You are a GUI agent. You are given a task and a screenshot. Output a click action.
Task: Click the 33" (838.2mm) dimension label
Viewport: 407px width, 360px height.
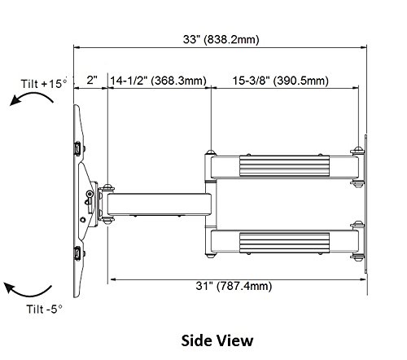221,39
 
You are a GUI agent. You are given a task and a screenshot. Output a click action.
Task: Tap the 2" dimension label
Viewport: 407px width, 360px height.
92,80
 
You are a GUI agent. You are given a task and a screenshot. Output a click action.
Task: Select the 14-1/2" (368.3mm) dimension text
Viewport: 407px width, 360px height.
158,81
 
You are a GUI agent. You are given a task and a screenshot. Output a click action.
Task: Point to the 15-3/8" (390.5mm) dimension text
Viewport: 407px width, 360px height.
281,81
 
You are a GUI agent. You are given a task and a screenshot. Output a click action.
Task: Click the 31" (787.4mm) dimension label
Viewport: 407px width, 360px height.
234,286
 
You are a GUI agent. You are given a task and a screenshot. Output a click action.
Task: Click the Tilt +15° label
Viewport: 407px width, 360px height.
44,83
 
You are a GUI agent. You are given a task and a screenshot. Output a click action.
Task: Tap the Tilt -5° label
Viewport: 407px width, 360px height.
44,310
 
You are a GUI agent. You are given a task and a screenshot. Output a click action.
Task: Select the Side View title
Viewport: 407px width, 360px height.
217,340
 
